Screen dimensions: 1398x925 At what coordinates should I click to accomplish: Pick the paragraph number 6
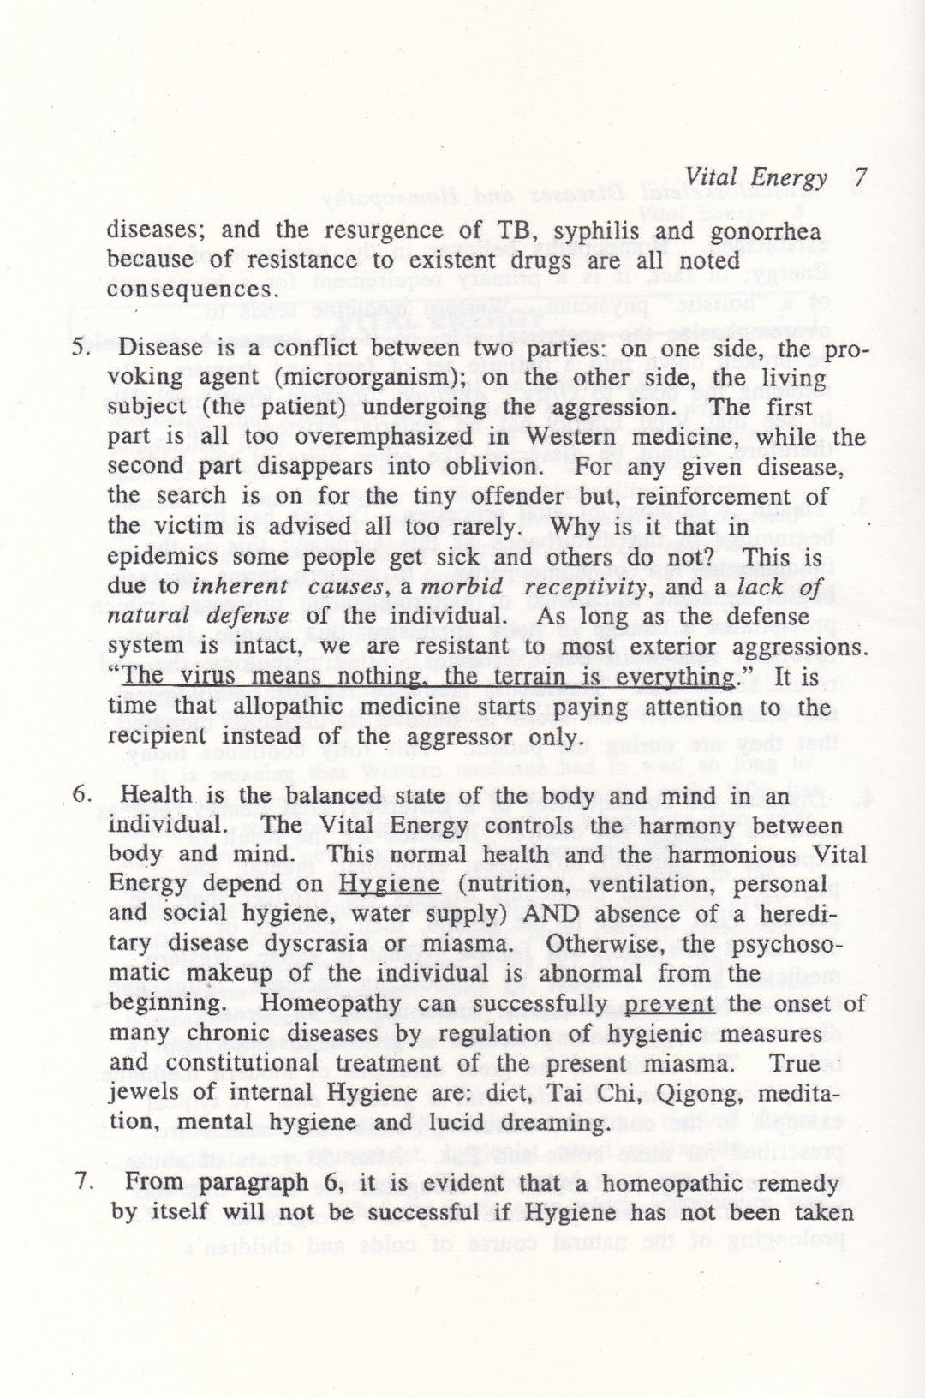pyautogui.click(x=83, y=794)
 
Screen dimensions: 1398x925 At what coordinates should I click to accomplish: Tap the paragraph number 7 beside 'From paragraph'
pyautogui.click(x=83, y=1184)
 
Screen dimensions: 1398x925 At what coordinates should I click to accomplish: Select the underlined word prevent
pyautogui.click(x=670, y=1004)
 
